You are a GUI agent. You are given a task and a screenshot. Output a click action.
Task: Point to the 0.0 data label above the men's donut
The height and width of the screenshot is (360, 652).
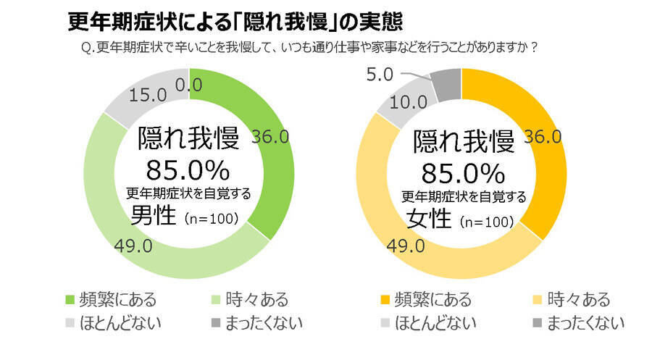tap(188, 85)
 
